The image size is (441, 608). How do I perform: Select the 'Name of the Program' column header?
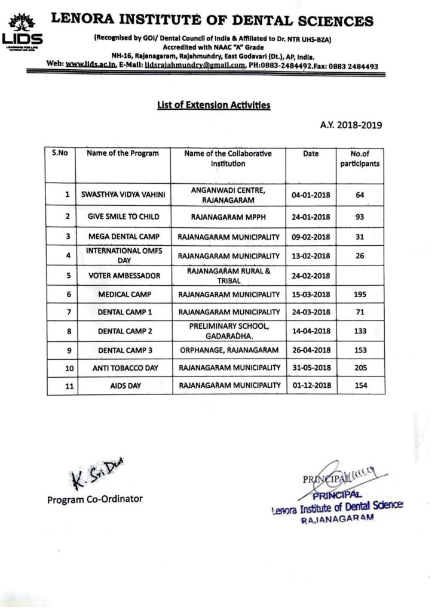click(x=122, y=153)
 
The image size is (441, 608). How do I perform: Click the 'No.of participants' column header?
click(x=360, y=158)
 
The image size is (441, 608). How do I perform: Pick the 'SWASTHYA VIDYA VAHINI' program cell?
click(x=122, y=195)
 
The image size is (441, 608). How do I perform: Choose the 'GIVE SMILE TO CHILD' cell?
click(x=122, y=217)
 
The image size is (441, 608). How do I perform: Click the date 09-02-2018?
click(x=311, y=236)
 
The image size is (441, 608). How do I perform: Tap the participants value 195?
click(x=360, y=294)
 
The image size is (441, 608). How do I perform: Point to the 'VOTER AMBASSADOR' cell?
click(x=122, y=275)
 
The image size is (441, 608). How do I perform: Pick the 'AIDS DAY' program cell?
click(x=122, y=386)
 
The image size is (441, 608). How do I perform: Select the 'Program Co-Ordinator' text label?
click(x=95, y=499)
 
